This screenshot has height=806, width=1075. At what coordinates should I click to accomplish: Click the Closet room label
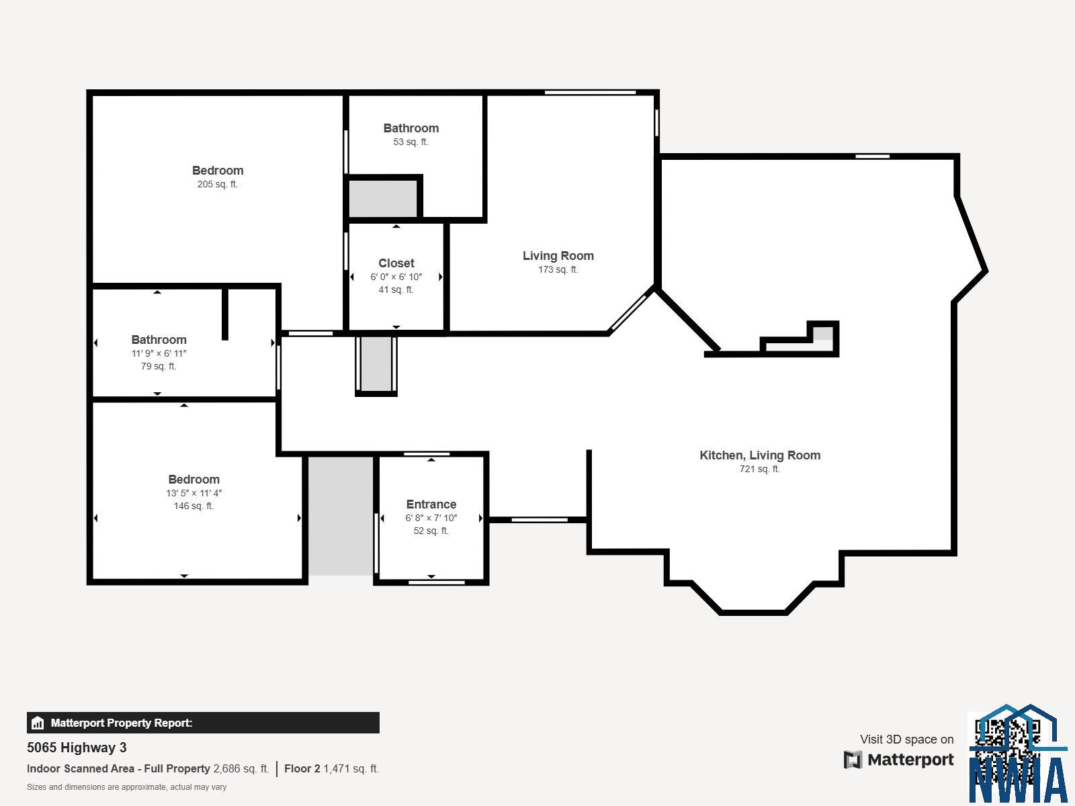pos(396,263)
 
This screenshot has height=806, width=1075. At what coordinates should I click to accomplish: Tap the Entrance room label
pos(431,504)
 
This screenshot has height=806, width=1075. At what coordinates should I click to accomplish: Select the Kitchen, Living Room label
pos(760,455)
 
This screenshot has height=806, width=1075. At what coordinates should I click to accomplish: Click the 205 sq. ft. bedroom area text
pos(218,185)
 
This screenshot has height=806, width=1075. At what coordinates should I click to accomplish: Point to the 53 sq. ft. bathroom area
pos(411,142)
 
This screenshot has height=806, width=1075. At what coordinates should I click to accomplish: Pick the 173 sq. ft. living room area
pos(558,269)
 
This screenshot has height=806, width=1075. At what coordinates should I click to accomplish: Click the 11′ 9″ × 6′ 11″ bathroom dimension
pos(159,353)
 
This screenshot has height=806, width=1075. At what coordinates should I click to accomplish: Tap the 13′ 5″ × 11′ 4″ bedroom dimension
pos(194,493)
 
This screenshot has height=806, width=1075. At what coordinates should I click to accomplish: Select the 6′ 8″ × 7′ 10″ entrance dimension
pos(431,518)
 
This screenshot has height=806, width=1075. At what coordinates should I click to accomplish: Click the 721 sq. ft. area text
pos(760,469)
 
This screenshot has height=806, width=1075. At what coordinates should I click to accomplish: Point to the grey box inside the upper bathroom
pos(382,199)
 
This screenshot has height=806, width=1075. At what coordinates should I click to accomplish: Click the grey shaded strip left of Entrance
pos(341,516)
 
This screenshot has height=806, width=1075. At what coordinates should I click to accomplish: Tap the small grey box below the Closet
pos(376,363)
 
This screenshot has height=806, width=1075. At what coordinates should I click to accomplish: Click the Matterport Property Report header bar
pos(203,722)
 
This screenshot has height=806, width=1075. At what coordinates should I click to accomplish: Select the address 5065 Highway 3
pos(77,748)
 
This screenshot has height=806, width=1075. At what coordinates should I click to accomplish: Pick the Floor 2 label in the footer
pos(302,768)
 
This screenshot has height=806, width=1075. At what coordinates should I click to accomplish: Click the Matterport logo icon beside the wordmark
pos(853,760)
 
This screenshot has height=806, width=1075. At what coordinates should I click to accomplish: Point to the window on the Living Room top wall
pos(590,93)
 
